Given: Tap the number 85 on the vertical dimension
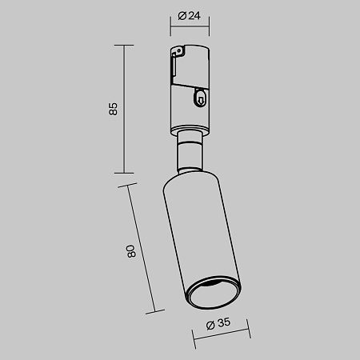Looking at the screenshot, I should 113,107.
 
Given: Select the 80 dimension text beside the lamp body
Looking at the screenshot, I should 132,250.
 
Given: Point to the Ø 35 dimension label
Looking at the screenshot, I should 218,325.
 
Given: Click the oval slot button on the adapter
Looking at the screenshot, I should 199,99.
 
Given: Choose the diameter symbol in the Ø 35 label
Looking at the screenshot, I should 209,325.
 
